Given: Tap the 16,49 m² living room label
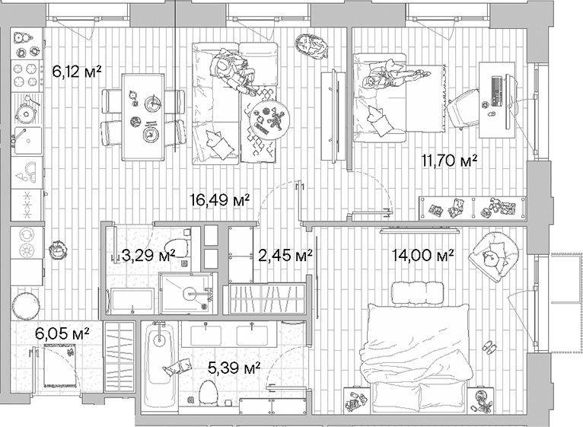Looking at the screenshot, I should tap(220, 200).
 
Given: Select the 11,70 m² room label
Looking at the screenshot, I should tap(449, 160).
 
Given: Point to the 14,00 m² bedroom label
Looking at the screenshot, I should tap(423, 255).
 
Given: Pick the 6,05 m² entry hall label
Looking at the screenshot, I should tap(63, 333).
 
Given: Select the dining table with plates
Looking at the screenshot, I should tap(144, 116).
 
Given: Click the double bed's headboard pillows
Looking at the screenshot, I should tap(416, 292).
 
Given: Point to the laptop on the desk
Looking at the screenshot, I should tap(496, 91).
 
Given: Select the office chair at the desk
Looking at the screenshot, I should tap(464, 110).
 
